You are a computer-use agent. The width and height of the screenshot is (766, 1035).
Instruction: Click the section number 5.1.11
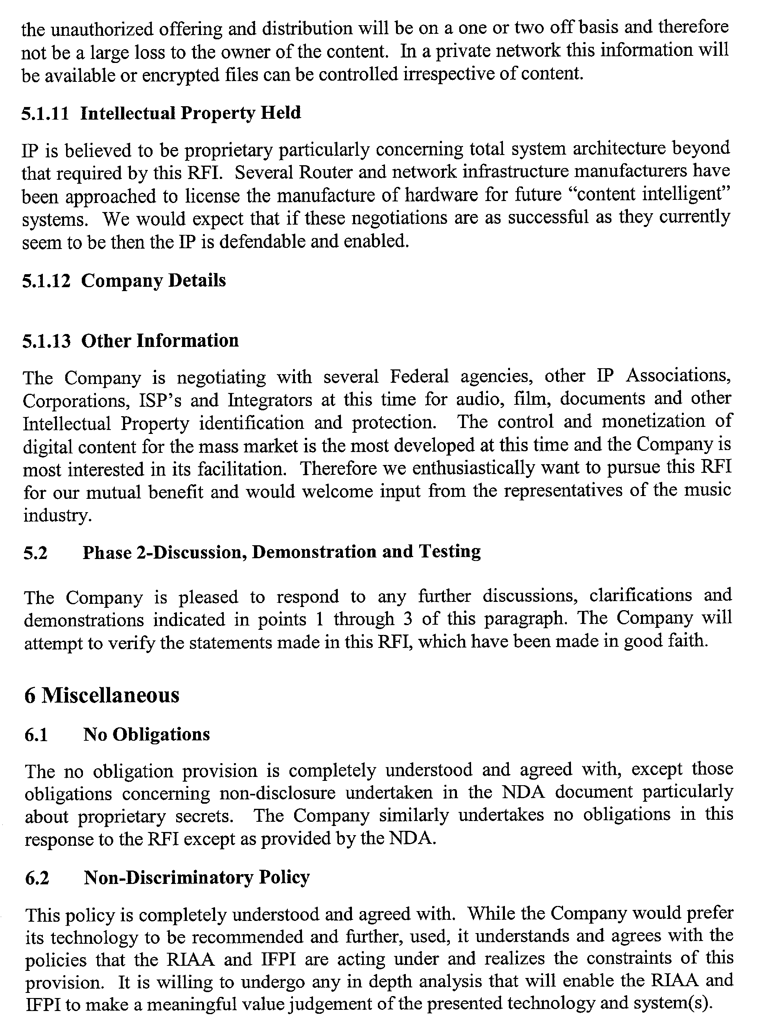point(45,114)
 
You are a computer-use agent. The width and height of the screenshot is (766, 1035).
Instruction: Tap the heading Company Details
point(153,280)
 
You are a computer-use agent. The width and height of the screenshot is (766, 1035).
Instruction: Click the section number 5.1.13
point(46,341)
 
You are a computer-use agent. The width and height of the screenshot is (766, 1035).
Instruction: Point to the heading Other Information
point(160,341)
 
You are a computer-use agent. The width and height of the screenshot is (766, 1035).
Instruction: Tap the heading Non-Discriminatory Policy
point(196,878)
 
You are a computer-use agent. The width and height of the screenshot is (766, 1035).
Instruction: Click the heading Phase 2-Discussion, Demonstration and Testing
point(282,552)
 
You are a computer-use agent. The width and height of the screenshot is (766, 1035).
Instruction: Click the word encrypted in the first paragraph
point(180,75)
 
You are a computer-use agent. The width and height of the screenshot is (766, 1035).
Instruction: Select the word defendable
point(261,242)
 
